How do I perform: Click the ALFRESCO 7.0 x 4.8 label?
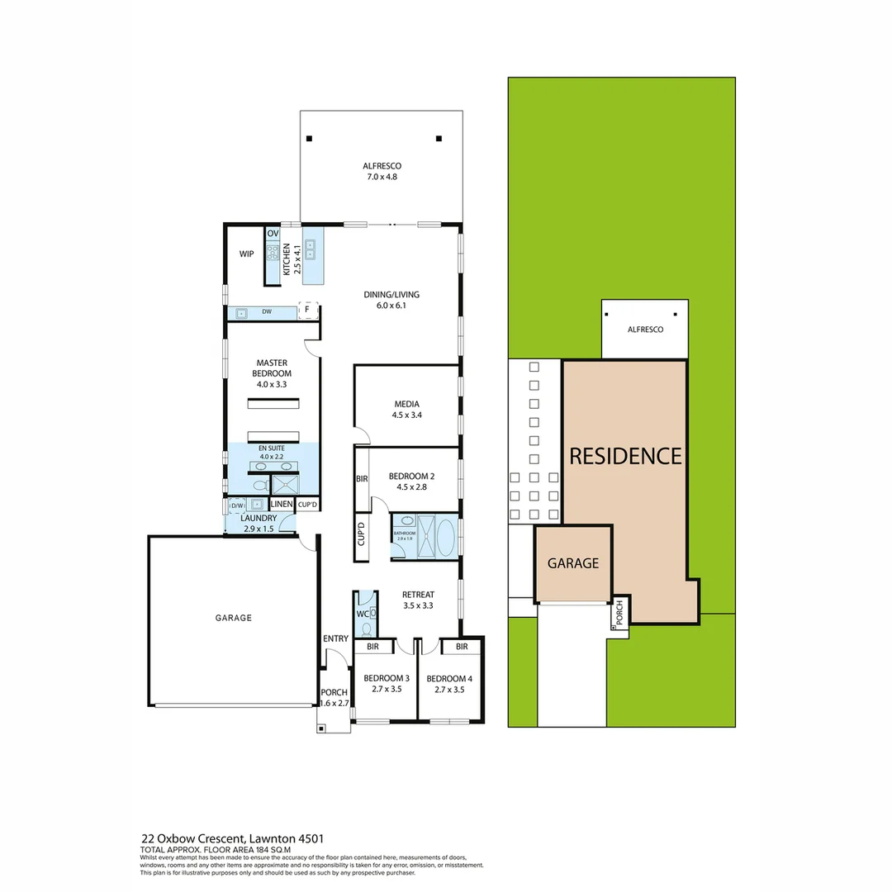pyautogui.click(x=381, y=171)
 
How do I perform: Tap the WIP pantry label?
pyautogui.click(x=246, y=254)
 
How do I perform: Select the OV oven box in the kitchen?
pyautogui.click(x=273, y=234)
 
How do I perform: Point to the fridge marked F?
pyautogui.click(x=307, y=311)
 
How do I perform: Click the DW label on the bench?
pyautogui.click(x=267, y=312)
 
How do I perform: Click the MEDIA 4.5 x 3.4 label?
pyautogui.click(x=407, y=410)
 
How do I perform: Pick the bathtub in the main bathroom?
pyautogui.click(x=444, y=536)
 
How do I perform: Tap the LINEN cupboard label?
pyautogui.click(x=281, y=504)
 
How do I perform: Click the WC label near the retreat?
pyautogui.click(x=361, y=614)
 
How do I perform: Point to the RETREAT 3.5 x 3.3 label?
pyautogui.click(x=417, y=600)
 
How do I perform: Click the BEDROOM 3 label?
pyautogui.click(x=386, y=683)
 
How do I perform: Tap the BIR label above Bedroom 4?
pyautogui.click(x=462, y=646)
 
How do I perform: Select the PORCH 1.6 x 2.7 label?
pyautogui.click(x=334, y=698)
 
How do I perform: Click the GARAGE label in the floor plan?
pyautogui.click(x=234, y=617)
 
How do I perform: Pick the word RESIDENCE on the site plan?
pyautogui.click(x=624, y=456)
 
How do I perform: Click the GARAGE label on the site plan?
pyautogui.click(x=573, y=563)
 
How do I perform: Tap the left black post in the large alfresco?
pyautogui.click(x=307, y=138)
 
